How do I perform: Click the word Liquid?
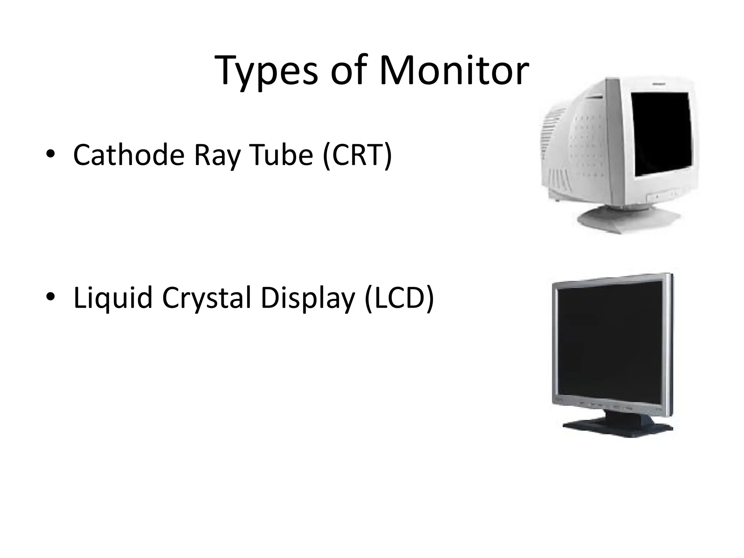[113, 298]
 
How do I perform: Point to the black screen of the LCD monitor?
[610, 343]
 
